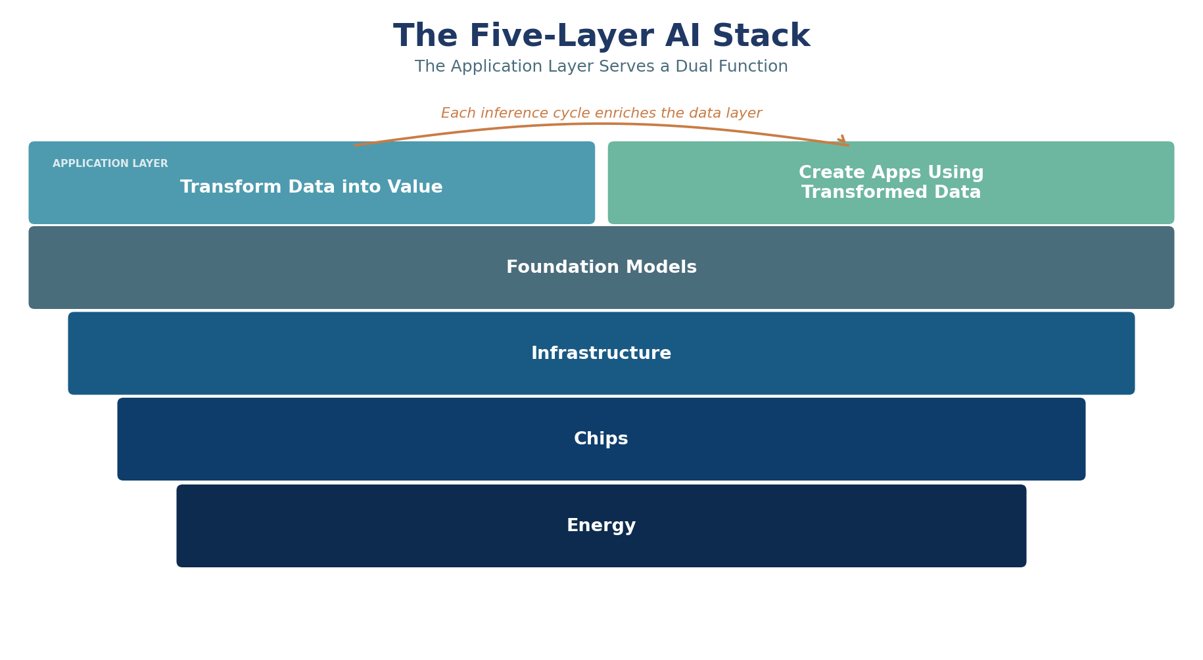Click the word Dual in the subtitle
pos(690,67)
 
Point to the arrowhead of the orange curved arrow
pos(843,141)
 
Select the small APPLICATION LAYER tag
pos(110,164)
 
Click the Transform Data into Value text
pos(312,187)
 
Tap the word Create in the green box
pos(830,173)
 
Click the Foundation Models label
pos(601,268)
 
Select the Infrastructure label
pos(601,354)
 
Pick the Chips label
pos(601,439)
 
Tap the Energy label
pos(601,526)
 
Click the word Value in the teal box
pos(416,187)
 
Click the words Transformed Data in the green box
pos(891,193)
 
